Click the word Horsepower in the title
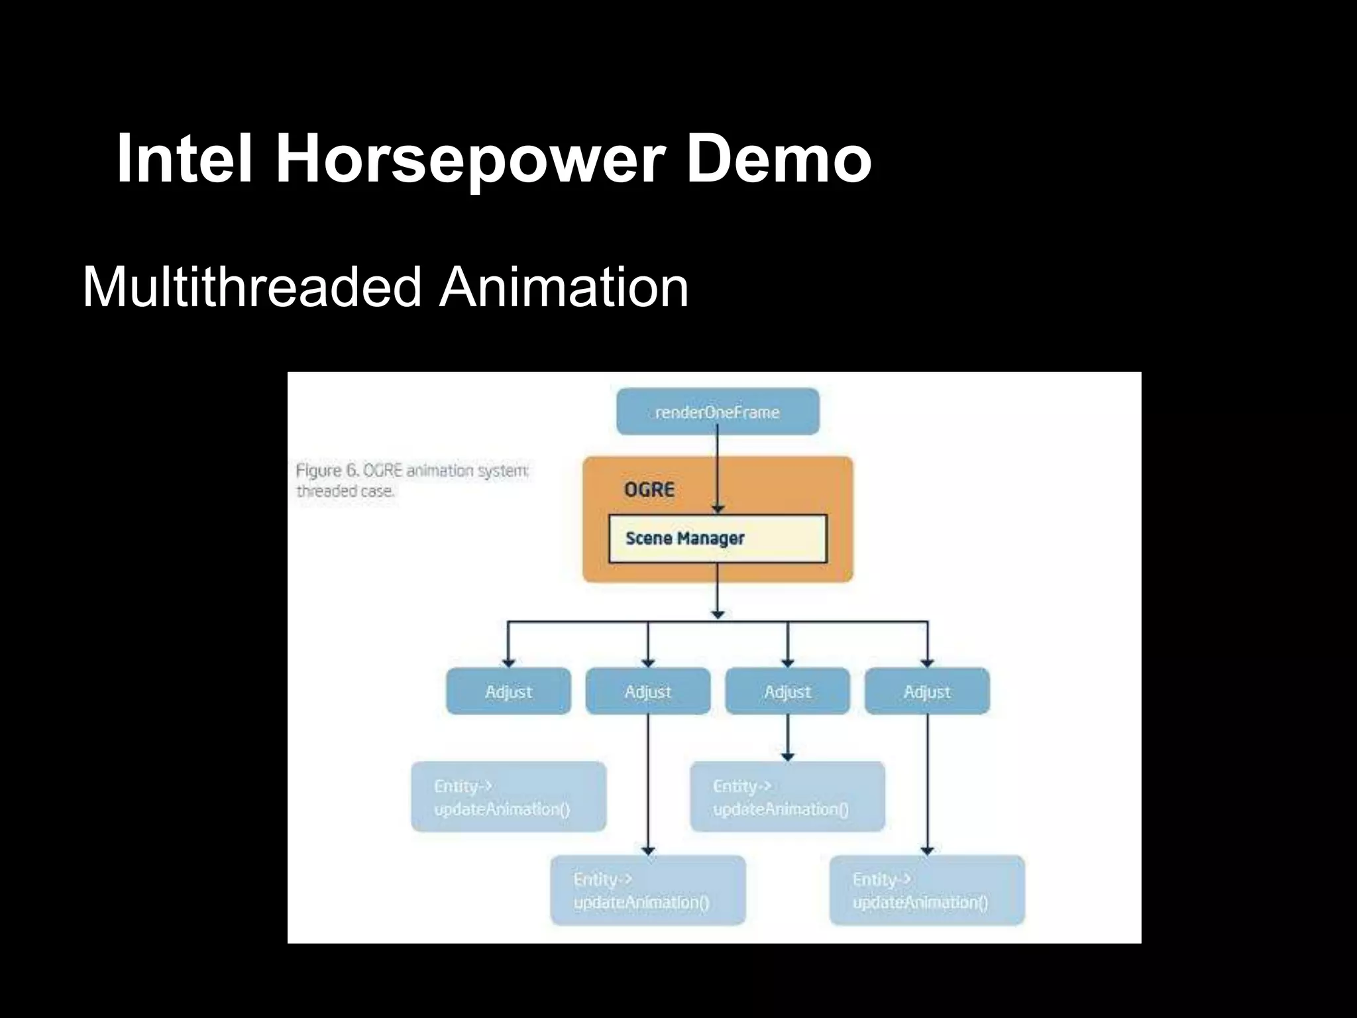(x=470, y=159)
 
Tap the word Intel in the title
(x=185, y=159)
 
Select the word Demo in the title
(x=779, y=159)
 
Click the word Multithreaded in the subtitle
(x=252, y=287)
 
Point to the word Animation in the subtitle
(x=564, y=287)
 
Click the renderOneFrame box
(x=718, y=412)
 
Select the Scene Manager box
(x=718, y=538)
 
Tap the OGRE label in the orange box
(x=649, y=490)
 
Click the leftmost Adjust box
(x=508, y=691)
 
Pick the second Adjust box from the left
(x=648, y=691)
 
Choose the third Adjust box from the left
(x=787, y=691)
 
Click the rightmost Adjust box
(x=927, y=691)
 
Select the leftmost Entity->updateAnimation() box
(x=508, y=797)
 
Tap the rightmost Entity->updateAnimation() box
(x=927, y=890)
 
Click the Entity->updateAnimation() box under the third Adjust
(x=787, y=797)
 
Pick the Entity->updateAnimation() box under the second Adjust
(x=648, y=890)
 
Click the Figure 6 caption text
(x=411, y=481)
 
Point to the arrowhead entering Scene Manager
(x=718, y=509)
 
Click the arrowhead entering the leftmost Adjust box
(x=508, y=662)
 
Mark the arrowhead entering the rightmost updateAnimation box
(x=927, y=850)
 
